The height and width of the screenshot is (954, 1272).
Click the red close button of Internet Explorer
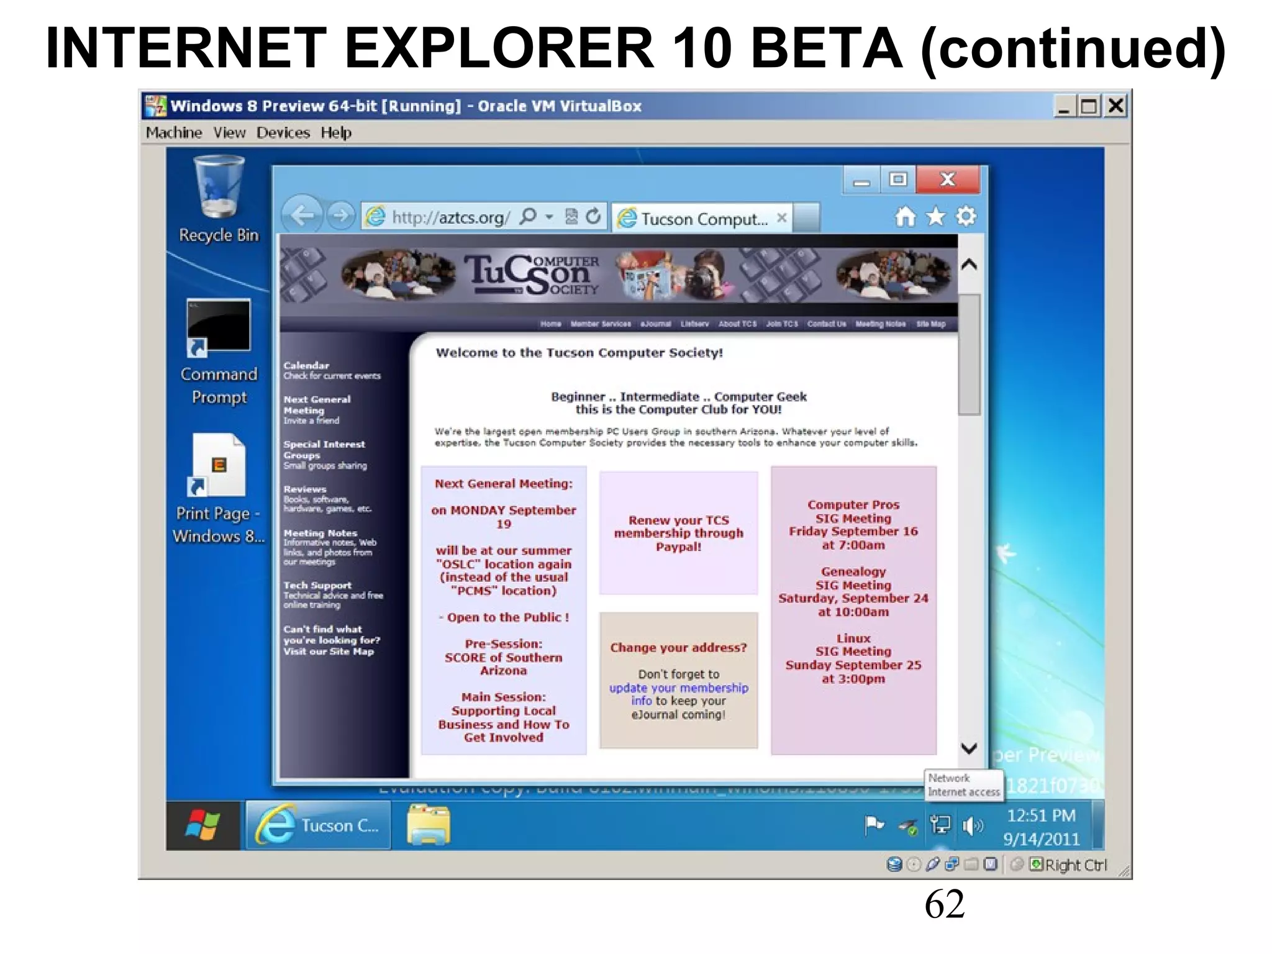pyautogui.click(x=947, y=180)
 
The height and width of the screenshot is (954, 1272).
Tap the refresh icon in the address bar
pyautogui.click(x=594, y=216)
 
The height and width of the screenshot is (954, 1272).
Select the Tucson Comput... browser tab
pyautogui.click(x=704, y=219)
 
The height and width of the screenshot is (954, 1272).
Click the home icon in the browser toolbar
pyautogui.click(x=905, y=217)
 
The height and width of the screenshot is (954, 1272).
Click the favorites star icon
pyautogui.click(x=935, y=217)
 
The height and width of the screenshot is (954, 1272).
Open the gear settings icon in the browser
pyautogui.click(x=966, y=217)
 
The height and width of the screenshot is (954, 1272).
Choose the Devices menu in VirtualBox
pyautogui.click(x=283, y=133)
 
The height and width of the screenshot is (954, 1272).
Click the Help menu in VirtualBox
pyautogui.click(x=336, y=133)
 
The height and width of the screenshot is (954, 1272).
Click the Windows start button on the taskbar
pyautogui.click(x=202, y=825)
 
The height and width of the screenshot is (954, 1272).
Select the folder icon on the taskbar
pyautogui.click(x=429, y=825)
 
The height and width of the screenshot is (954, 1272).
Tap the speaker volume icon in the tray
pyautogui.click(x=972, y=825)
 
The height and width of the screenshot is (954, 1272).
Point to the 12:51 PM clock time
pyautogui.click(x=1041, y=815)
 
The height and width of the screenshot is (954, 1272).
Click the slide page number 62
pyautogui.click(x=944, y=904)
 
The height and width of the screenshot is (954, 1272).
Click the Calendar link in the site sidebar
pyautogui.click(x=306, y=366)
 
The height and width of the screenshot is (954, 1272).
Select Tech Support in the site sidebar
pyautogui.click(x=317, y=585)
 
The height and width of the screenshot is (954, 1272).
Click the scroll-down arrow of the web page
pyautogui.click(x=969, y=748)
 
